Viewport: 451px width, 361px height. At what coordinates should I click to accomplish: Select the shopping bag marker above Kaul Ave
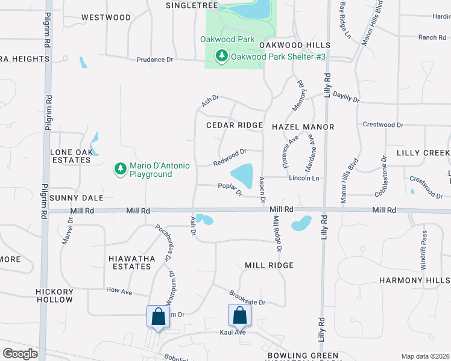tap(239, 315)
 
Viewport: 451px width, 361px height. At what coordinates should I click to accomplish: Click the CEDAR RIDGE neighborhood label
tap(235, 125)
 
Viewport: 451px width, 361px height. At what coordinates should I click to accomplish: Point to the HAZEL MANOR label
tap(303, 127)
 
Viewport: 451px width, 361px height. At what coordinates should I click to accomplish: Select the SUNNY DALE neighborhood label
tap(77, 198)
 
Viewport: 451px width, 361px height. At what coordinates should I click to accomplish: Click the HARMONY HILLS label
tap(414, 280)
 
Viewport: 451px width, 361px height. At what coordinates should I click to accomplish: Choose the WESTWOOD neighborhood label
tap(106, 17)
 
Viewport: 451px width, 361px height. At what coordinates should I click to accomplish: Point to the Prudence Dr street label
tap(155, 60)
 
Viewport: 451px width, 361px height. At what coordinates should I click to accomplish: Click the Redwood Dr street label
tap(230, 158)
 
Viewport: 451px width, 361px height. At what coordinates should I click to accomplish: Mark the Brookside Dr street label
tap(247, 298)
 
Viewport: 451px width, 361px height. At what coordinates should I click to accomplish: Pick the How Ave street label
tap(119, 291)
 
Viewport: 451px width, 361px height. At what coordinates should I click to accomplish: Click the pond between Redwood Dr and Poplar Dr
tap(242, 176)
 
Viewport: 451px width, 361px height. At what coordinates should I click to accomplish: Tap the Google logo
tap(20, 354)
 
